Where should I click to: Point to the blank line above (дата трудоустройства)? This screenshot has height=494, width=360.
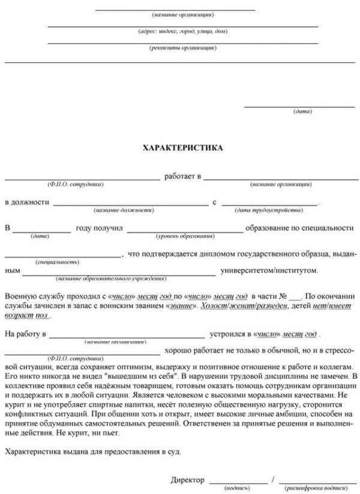point(269,205)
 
